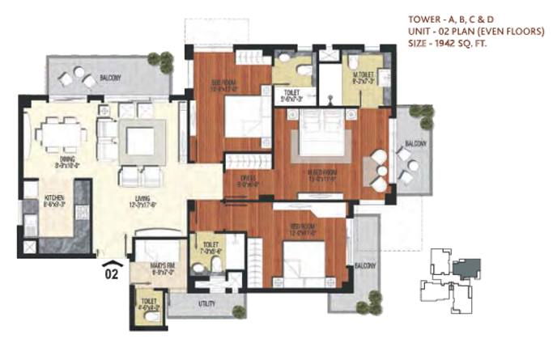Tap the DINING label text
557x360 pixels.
(66, 160)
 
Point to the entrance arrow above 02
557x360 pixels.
(112, 262)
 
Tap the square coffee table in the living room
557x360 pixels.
(140, 141)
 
